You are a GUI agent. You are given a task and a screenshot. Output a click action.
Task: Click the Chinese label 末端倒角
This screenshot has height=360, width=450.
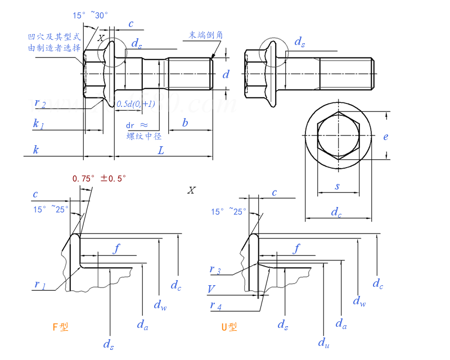point(206,35)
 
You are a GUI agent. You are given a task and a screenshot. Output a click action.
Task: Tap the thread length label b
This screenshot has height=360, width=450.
point(184,123)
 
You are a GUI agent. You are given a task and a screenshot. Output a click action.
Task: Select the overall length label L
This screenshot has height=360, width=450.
point(161,151)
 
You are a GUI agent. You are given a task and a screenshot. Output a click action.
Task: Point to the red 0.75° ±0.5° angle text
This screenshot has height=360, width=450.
point(99,178)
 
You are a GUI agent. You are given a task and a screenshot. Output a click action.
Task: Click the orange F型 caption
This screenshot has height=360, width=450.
point(60,327)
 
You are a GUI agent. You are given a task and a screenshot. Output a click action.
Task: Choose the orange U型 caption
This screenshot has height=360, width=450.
point(229,327)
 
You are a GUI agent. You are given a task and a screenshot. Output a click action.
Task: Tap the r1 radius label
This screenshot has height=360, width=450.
point(40,285)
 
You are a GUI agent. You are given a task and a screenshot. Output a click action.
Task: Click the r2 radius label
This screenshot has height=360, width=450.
point(40,103)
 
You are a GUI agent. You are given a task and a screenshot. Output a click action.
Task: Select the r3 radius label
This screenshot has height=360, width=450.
point(215,270)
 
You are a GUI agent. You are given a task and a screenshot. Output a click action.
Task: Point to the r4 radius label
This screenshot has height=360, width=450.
point(215,305)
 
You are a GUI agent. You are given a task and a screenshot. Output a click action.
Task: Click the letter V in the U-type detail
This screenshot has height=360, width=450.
point(211,289)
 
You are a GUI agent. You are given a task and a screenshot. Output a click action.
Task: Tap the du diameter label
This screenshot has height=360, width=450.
point(323,342)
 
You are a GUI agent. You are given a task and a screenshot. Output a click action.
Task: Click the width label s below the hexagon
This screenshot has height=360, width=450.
point(337,186)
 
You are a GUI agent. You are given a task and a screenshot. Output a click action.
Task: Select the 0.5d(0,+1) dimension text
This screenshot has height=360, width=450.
point(136,104)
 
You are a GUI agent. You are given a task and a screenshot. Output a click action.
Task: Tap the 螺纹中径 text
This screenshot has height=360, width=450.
point(144,136)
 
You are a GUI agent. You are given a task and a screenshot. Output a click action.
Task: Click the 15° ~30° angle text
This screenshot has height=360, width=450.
point(90,16)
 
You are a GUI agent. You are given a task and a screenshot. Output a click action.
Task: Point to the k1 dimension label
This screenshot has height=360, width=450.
point(38,123)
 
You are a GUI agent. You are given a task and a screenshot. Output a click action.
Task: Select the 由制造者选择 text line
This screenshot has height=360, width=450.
point(54,48)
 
